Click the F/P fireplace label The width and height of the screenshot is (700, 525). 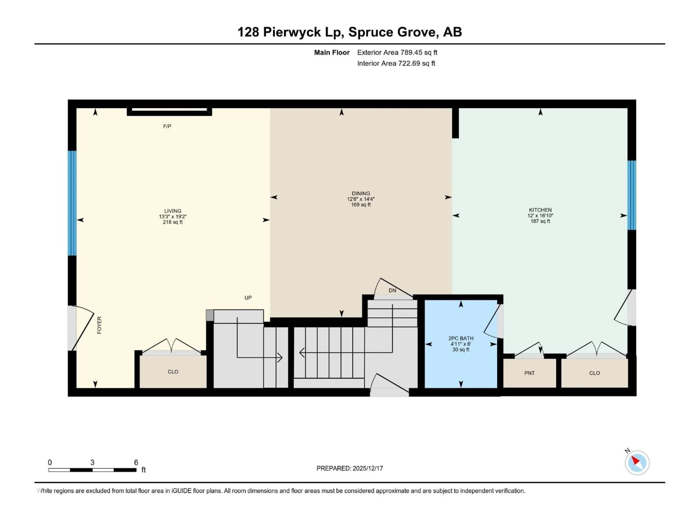click(x=167, y=126)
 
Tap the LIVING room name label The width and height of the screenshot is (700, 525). click(x=173, y=211)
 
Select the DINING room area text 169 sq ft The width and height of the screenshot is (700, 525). click(x=361, y=205)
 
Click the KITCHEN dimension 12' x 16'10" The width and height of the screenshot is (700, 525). click(x=540, y=215)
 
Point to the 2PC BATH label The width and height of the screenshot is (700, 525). click(x=461, y=338)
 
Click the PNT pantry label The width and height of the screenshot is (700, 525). click(x=529, y=373)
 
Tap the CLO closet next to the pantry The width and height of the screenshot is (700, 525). click(x=594, y=373)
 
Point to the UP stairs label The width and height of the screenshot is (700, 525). click(x=248, y=298)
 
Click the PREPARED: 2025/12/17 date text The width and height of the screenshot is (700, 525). click(x=350, y=468)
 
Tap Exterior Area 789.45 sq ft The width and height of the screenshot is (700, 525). click(x=397, y=52)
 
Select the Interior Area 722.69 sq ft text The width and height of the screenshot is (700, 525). click(x=396, y=63)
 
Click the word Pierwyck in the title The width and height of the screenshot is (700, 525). click(x=292, y=32)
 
